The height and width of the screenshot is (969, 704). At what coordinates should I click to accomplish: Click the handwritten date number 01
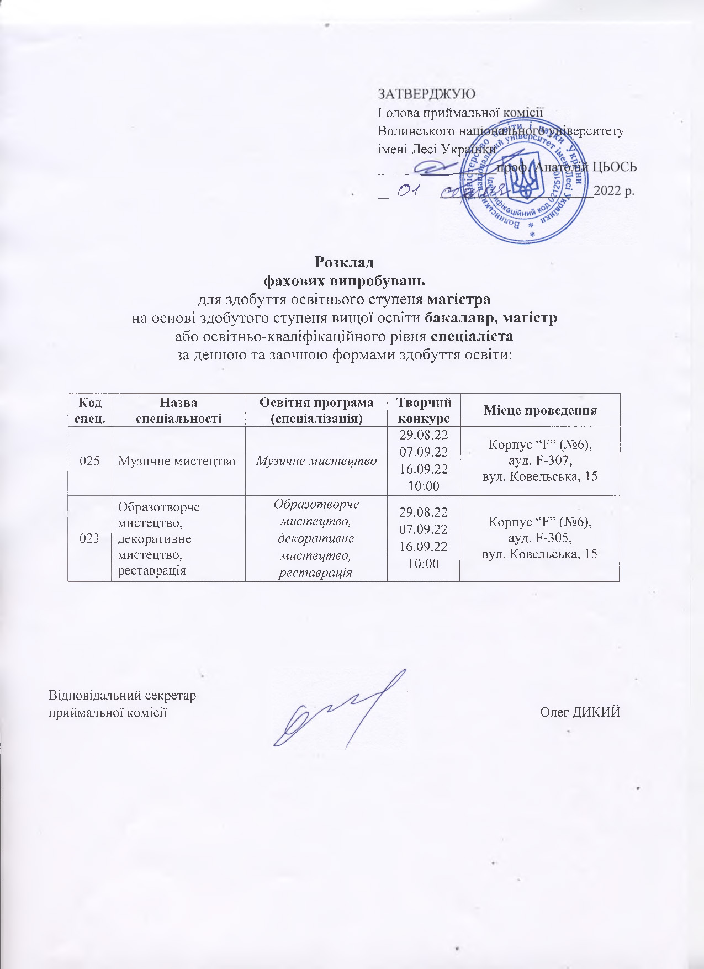click(x=408, y=190)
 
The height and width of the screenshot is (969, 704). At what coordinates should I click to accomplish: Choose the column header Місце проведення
click(x=540, y=410)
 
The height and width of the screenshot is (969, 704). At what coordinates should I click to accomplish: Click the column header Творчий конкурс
click(x=423, y=410)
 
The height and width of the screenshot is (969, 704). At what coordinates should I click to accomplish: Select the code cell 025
click(x=89, y=460)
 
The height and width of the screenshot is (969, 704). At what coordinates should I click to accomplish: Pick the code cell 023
click(x=89, y=538)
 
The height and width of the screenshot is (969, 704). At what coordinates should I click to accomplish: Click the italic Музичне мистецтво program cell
click(x=316, y=460)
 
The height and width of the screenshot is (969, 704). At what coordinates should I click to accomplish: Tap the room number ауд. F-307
click(x=539, y=460)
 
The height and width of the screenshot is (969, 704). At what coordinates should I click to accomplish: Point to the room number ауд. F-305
click(x=539, y=538)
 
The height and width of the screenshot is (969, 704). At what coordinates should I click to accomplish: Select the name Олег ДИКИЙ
click(x=580, y=712)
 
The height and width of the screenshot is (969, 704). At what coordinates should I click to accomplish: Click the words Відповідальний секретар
click(x=123, y=695)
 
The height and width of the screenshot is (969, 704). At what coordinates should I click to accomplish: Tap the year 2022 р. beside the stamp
click(x=614, y=192)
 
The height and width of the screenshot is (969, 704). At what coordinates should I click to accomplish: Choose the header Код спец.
click(x=89, y=410)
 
